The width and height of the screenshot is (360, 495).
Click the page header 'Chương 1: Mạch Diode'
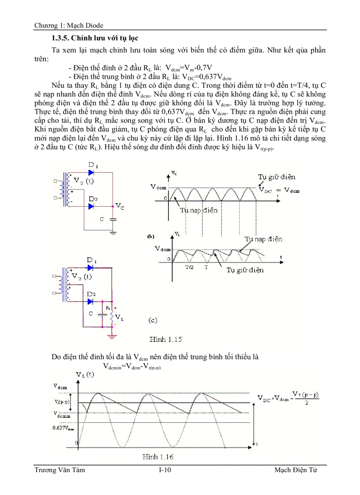click(x=69, y=26)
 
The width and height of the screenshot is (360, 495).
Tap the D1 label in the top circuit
click(x=93, y=165)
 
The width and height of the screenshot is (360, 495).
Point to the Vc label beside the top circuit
click(x=120, y=205)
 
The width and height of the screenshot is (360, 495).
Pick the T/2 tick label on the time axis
click(x=189, y=267)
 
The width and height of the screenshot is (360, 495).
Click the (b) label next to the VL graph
click(x=150, y=236)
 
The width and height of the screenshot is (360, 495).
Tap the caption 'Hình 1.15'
click(x=166, y=339)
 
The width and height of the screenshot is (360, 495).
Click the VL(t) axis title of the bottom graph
click(x=85, y=375)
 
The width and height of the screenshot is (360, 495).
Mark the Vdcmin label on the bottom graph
click(x=62, y=415)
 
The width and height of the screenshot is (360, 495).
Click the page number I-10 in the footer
click(x=165, y=470)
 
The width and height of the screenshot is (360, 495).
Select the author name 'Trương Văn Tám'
click(x=60, y=470)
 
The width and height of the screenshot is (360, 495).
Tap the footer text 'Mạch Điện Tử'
click(x=296, y=470)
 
